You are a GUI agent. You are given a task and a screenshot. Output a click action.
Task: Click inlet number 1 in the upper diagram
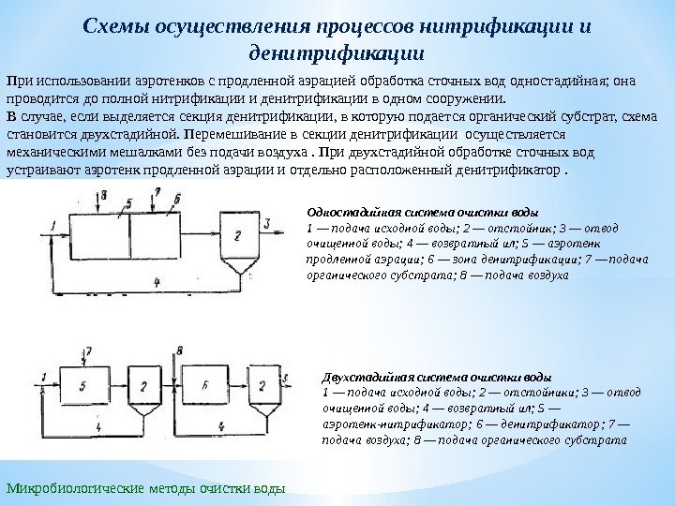[55, 223]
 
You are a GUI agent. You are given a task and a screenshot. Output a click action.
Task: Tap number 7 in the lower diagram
[88, 351]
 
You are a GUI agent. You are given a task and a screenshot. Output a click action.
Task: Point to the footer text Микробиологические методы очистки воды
[144, 489]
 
